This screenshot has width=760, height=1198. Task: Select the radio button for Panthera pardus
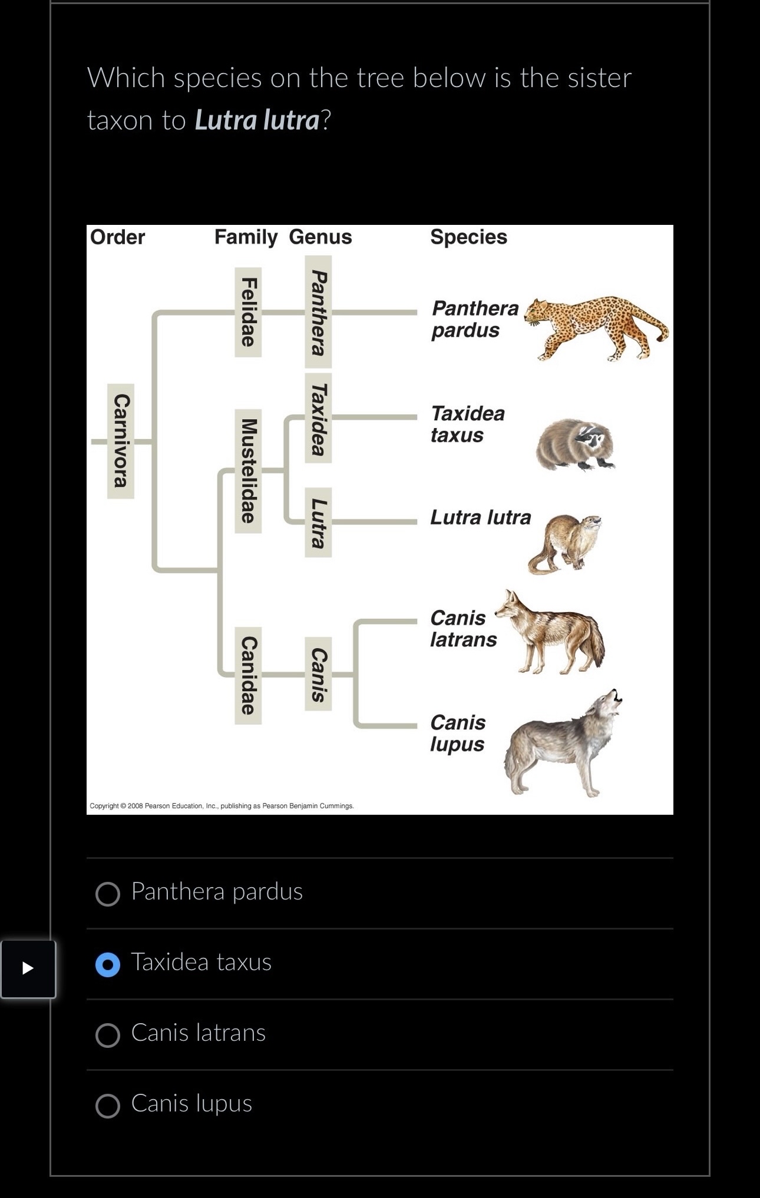click(x=108, y=894)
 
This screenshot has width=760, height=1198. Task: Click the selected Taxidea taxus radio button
click(x=108, y=964)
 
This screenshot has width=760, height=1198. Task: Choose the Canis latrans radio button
click(x=108, y=1035)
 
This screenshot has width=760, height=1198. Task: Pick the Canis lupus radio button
click(x=108, y=1106)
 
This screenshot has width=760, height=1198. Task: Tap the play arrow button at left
click(x=28, y=968)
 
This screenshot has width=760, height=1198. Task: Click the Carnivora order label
click(x=121, y=441)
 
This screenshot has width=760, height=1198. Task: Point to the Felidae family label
click(x=248, y=312)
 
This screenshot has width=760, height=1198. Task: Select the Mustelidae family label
click(x=248, y=471)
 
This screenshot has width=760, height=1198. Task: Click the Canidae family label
click(x=248, y=675)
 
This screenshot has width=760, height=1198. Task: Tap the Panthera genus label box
click(x=318, y=312)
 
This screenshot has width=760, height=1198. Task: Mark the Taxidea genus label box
click(x=318, y=418)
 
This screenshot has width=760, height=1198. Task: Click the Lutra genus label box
click(x=318, y=522)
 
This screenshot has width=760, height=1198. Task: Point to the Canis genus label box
click(x=318, y=674)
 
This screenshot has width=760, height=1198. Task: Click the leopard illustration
click(x=595, y=327)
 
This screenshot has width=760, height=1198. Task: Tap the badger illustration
click(x=574, y=444)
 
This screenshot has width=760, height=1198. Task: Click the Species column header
click(x=468, y=237)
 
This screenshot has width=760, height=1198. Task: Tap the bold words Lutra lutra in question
click(x=257, y=120)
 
